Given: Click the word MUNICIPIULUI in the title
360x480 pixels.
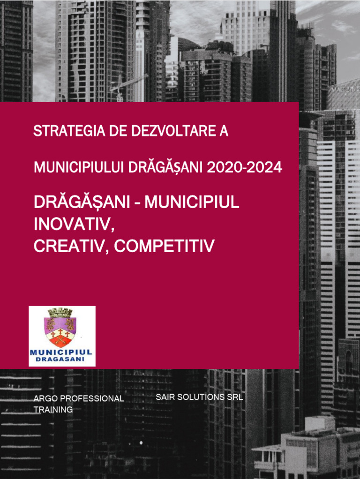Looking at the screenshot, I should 80,167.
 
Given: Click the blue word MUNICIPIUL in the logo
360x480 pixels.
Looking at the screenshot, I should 61,352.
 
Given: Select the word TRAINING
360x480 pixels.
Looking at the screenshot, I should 53,410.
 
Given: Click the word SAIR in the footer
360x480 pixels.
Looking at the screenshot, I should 165,397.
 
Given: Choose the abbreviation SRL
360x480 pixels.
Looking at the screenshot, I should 235,397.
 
